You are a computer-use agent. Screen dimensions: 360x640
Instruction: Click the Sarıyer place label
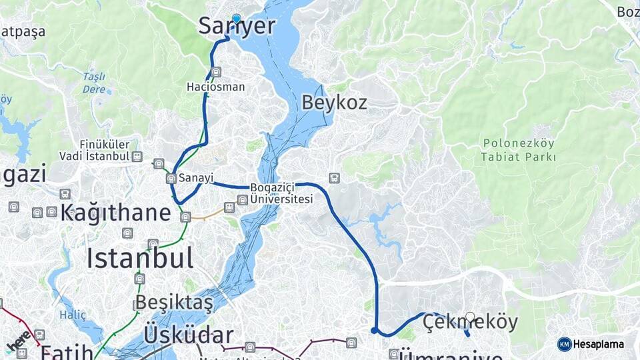coord(237,27)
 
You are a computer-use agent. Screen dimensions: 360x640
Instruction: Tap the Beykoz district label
coord(334,103)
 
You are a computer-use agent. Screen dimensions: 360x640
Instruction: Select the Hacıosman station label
coord(215,87)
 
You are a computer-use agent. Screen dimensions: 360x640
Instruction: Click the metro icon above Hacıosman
coord(215,72)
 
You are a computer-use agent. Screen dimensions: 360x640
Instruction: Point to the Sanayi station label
coord(196,178)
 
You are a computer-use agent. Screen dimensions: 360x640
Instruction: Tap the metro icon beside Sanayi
coord(171,178)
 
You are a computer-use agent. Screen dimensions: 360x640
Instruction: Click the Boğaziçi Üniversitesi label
coord(281,193)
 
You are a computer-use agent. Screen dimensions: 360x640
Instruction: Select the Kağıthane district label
coord(116,213)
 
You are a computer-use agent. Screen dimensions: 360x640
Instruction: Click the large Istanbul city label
coord(140,257)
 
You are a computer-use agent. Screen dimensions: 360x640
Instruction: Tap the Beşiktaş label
coord(175,304)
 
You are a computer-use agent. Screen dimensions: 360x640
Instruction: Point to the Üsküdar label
coord(189,335)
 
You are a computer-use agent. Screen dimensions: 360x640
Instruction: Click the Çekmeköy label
coord(471,323)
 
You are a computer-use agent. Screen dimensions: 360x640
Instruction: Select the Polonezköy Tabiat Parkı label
coord(519,150)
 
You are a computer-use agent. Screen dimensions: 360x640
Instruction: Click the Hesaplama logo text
coord(600,345)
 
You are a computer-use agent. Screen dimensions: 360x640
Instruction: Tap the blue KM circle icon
coord(564,345)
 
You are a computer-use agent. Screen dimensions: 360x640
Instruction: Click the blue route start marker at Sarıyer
coord(236,19)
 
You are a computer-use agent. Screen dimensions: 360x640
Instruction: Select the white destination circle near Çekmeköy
coord(470,317)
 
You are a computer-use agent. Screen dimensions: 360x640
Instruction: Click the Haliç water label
coord(73,315)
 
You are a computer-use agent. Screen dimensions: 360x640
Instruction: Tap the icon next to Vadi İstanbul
coord(137,157)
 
